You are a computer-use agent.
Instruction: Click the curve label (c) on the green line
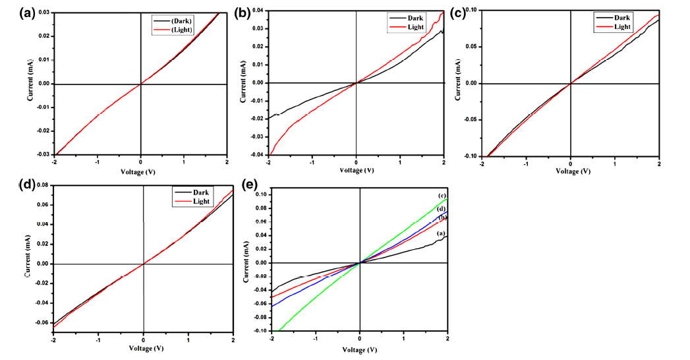442,196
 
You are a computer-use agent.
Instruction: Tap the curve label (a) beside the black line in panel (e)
442,233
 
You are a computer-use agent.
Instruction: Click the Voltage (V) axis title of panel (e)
360,349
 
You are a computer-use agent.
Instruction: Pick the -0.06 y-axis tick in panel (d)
41,322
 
